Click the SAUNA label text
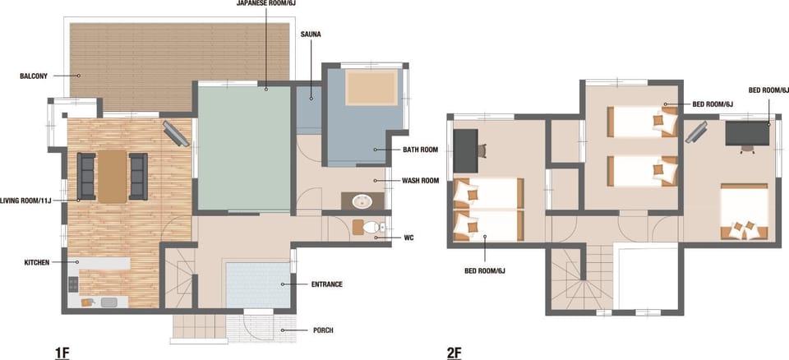coord(310,35)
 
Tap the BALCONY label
coord(34,76)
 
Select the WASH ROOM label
coord(420,180)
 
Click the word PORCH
coord(322,330)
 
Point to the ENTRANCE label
coord(326,284)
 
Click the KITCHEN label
coord(37,262)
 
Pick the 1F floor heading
coord(62,353)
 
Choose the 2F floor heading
coord(454,353)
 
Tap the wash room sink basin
coord(362,202)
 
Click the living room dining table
coord(113,176)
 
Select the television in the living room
coord(176,133)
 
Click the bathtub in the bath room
coord(371,88)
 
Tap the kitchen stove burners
coord(73,284)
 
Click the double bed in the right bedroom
coord(745,211)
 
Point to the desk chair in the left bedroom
coord(482,150)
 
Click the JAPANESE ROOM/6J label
coord(265,3)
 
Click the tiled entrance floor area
coord(257,285)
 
